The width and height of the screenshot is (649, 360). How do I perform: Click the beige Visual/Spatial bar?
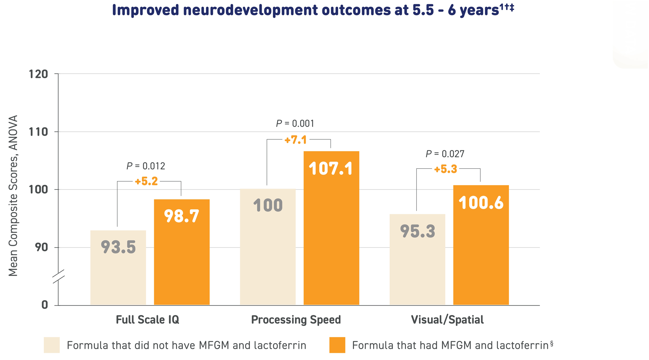click(417, 259)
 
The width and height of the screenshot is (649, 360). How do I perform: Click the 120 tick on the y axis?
click(38, 74)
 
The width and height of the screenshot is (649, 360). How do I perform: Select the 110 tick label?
click(38, 132)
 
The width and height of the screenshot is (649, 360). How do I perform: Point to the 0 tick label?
click(45, 305)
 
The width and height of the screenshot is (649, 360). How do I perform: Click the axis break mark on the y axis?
click(58, 276)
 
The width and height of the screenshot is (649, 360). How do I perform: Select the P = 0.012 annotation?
click(146, 166)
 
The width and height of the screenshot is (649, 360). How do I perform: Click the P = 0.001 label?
click(295, 123)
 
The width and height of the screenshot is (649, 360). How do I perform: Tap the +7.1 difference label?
click(296, 140)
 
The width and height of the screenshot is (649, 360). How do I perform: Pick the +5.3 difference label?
click(445, 169)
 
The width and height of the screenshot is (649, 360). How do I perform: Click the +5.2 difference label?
click(146, 182)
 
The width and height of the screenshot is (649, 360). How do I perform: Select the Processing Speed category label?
click(296, 320)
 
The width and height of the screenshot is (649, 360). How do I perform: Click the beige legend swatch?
click(52, 345)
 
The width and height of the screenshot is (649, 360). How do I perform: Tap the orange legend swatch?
click(337, 345)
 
